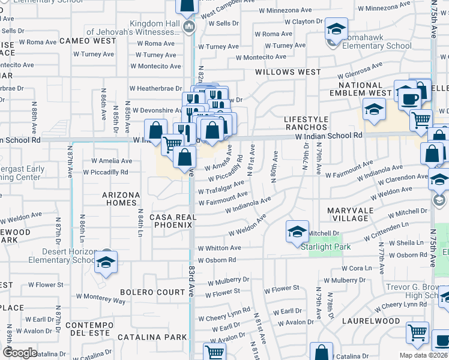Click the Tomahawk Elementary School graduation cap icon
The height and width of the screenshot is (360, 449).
336,29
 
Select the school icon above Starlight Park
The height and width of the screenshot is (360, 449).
297,230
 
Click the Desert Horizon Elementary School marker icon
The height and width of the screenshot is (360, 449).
106,262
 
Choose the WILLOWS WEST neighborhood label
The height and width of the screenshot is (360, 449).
288,72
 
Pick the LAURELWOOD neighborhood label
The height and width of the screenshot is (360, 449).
371,321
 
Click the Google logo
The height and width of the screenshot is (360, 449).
19,352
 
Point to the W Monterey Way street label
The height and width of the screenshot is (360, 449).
101,297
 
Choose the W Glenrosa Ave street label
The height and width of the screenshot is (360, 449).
360,71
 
